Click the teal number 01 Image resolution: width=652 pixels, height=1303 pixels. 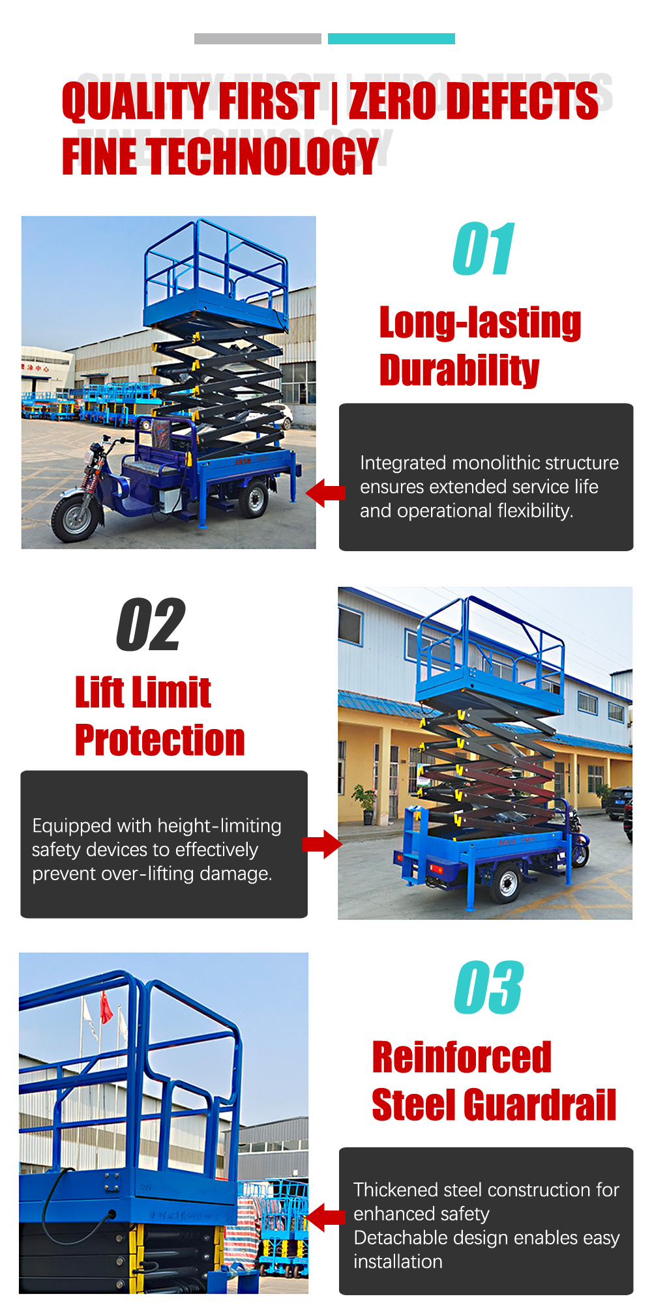[x=484, y=249]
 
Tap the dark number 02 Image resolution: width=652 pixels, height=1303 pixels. [x=151, y=625]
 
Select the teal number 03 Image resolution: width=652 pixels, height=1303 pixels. [x=488, y=988]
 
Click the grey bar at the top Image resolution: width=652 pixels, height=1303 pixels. [x=258, y=38]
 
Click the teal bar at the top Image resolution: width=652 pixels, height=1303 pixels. [x=391, y=38]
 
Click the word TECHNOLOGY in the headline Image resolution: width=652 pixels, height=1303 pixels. [x=263, y=156]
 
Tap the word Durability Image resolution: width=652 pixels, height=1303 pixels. [x=460, y=370]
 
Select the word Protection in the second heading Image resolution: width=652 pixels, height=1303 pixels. [x=160, y=740]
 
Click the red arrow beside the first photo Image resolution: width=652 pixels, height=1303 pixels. [x=325, y=493]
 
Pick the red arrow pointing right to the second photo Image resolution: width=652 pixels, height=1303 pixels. [x=322, y=844]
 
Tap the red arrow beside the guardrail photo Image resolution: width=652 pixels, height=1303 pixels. [x=325, y=1217]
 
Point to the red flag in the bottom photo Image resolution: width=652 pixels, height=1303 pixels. [x=106, y=1007]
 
